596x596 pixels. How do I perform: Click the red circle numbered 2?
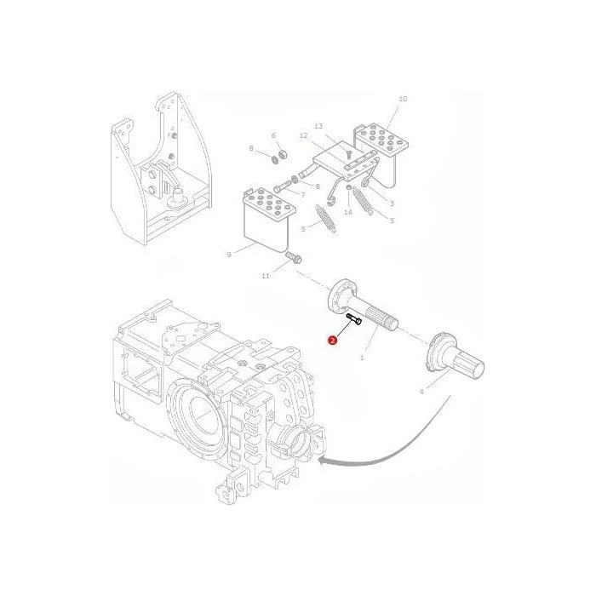pos(333,341)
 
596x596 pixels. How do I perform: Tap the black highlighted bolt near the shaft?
pos(354,319)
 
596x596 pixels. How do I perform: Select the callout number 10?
pos(403,99)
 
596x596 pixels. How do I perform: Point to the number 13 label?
pos(318,126)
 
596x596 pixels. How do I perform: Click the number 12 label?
pos(303,135)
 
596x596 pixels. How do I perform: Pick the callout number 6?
pos(273,135)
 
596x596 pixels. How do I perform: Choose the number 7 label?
pos(302,195)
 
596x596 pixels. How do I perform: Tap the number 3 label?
pos(392,203)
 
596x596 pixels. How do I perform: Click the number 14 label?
pos(347,212)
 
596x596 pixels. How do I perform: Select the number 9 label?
pos(229,255)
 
